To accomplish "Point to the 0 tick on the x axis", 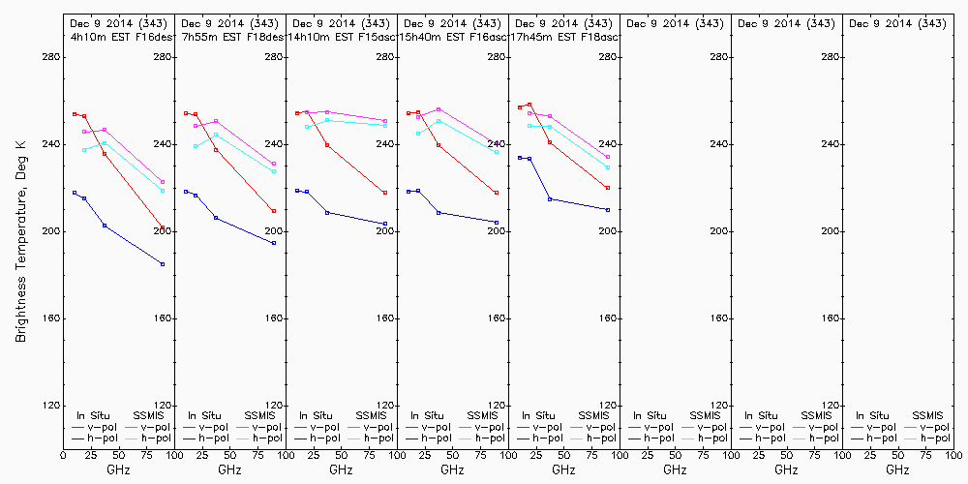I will (x=64, y=455).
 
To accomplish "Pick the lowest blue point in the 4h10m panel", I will (x=163, y=264).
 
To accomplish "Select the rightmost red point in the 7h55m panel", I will (x=274, y=211).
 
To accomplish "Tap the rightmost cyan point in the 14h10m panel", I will (x=385, y=126).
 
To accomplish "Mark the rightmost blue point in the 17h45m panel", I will (x=608, y=210).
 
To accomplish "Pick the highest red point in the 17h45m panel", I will (x=529, y=105).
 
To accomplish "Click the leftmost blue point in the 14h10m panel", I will (x=297, y=191).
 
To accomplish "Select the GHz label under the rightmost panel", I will (x=897, y=469).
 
